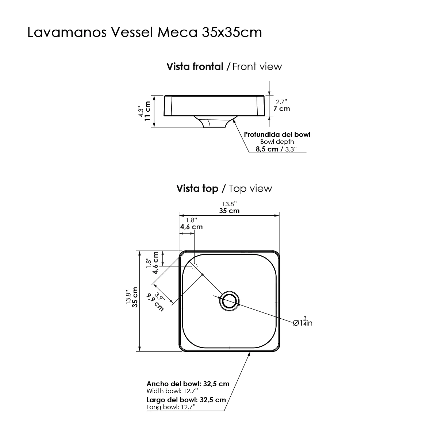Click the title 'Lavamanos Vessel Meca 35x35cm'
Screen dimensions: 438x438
[145, 32]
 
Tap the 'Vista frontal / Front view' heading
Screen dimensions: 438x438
[224, 66]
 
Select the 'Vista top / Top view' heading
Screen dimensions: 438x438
[224, 188]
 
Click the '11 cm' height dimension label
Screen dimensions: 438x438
[147, 111]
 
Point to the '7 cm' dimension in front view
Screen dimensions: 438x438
[282, 108]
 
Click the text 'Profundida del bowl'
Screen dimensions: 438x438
[277, 134]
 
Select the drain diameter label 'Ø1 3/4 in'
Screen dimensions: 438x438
[303, 322]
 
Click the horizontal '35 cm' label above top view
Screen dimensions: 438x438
[229, 211]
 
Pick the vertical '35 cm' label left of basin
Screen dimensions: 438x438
[135, 297]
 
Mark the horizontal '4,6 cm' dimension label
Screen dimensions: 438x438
[191, 227]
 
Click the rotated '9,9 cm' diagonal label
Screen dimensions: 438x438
[154, 301]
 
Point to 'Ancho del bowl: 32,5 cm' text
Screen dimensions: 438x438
[188, 384]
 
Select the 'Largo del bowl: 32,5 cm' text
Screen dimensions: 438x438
[186, 400]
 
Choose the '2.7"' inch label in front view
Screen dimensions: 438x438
[281, 102]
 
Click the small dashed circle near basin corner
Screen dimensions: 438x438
[195, 266]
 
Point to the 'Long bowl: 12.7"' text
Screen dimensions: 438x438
[171, 407]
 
